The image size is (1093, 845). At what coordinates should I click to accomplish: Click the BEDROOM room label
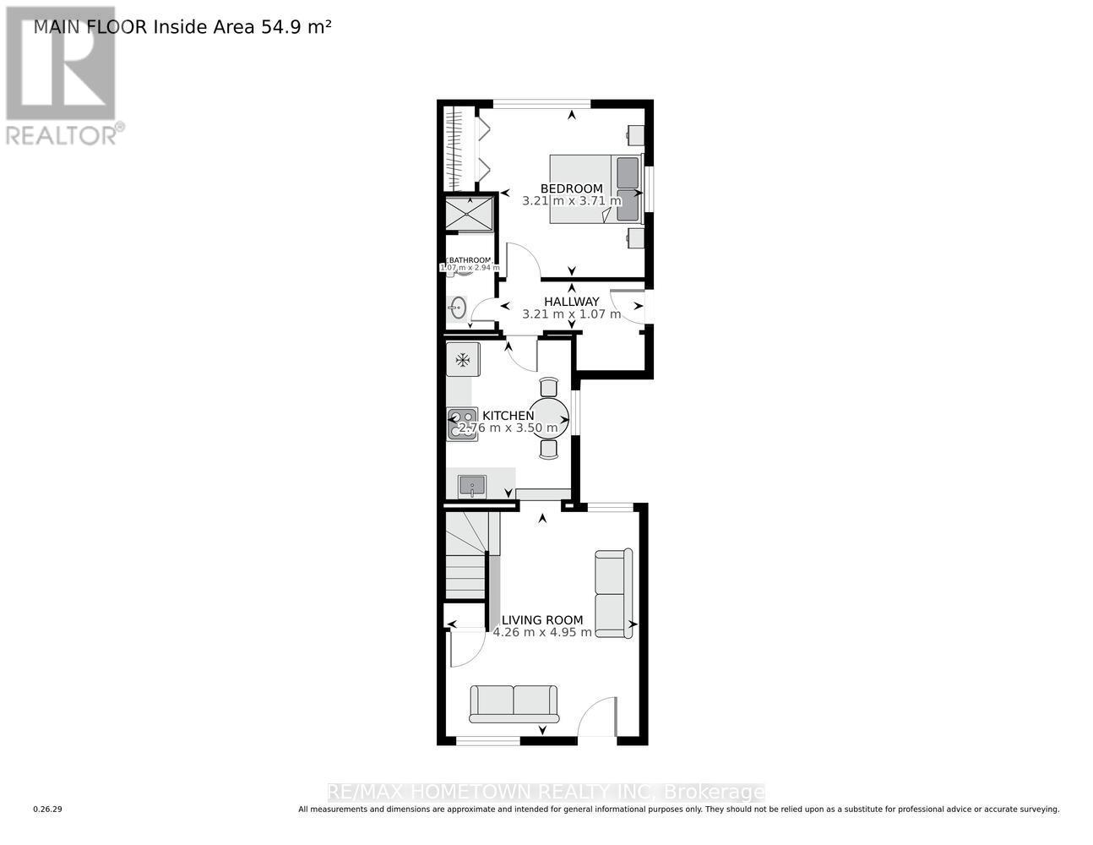click(572, 188)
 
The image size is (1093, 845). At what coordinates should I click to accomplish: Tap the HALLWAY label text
click(572, 302)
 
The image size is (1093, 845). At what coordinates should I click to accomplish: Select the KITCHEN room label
click(508, 415)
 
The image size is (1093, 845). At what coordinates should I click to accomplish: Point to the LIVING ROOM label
click(542, 619)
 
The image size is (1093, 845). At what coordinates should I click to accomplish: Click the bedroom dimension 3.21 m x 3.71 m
click(572, 201)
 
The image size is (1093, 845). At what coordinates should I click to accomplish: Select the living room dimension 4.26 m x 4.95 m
click(542, 632)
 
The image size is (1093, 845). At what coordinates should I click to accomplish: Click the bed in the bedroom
click(595, 188)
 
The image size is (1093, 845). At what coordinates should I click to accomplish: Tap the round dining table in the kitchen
click(548, 417)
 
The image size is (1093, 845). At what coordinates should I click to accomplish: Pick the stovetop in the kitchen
click(462, 424)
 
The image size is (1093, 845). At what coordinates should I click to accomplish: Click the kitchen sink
click(471, 486)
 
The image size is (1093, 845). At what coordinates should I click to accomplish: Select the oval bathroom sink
click(459, 308)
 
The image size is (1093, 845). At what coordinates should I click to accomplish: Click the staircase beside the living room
click(465, 558)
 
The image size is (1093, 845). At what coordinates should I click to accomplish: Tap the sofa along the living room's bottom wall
click(514, 704)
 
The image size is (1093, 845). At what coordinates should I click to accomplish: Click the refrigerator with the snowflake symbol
click(463, 360)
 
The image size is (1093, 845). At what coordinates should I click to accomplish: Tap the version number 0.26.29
click(48, 810)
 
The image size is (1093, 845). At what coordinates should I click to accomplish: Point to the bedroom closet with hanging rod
click(455, 149)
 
